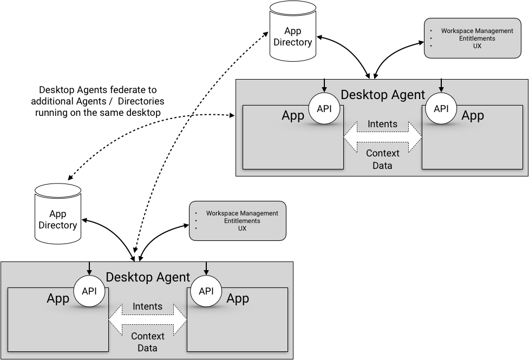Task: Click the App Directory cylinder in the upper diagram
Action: (x=292, y=32)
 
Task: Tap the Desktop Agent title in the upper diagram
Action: (x=383, y=95)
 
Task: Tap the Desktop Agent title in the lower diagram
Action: (x=148, y=278)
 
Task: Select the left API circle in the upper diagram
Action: (x=324, y=109)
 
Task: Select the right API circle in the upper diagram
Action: (x=441, y=109)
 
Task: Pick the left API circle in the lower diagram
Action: (x=89, y=291)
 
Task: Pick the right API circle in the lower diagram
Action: (x=206, y=291)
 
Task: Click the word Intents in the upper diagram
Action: (x=382, y=124)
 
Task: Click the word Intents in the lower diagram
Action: (x=147, y=306)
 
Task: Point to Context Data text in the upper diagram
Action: (x=382, y=159)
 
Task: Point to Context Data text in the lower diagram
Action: (x=147, y=342)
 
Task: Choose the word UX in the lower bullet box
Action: (x=242, y=228)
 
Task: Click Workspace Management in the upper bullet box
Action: (x=477, y=31)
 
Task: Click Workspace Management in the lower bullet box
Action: (x=242, y=213)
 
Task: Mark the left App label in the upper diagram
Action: (x=293, y=116)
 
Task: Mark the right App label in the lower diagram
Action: (x=238, y=298)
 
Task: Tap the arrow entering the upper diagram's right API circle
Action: (x=441, y=86)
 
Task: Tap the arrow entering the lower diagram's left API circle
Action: (x=89, y=268)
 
